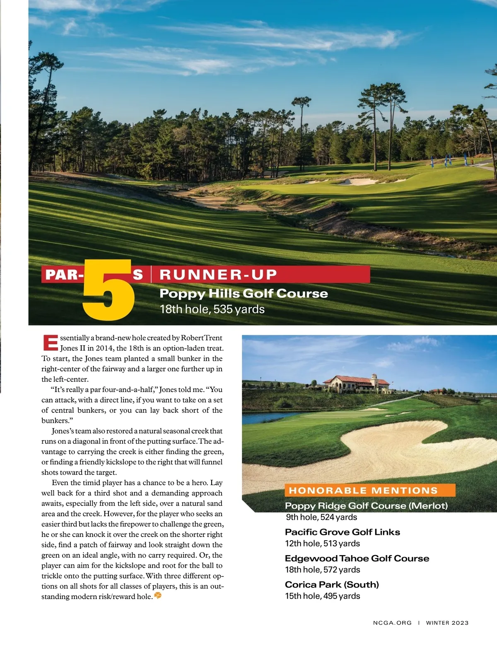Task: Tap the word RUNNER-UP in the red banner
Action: (218, 274)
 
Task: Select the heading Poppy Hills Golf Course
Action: (244, 294)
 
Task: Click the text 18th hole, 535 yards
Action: (212, 309)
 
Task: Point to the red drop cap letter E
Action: (50, 343)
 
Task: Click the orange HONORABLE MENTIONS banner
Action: (363, 491)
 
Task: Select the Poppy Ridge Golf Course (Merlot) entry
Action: (366, 506)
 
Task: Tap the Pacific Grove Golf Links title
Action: (343, 532)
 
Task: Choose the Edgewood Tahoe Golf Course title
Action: (357, 558)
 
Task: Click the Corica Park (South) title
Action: (332, 585)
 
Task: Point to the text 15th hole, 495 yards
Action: (323, 596)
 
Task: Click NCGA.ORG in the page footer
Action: (392, 623)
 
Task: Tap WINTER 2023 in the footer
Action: (447, 623)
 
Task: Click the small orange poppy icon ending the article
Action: (158, 596)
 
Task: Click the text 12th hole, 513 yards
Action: (322, 544)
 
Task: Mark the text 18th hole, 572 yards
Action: (322, 570)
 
